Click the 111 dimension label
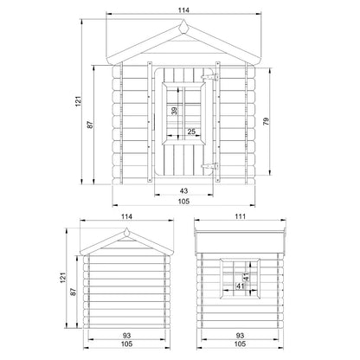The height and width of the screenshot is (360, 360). point(240,216)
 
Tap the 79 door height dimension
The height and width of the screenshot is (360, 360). point(267,121)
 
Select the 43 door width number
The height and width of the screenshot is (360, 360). point(183,190)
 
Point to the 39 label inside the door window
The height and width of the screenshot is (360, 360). point(174,111)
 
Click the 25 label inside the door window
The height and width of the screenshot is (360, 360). point(191,132)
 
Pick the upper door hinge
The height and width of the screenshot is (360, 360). point(210,77)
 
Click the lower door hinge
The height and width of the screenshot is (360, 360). point(210,166)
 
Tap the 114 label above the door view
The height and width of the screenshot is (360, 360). point(183,10)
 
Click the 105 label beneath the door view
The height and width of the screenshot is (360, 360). point(183,201)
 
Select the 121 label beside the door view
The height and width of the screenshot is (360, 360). point(79,101)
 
